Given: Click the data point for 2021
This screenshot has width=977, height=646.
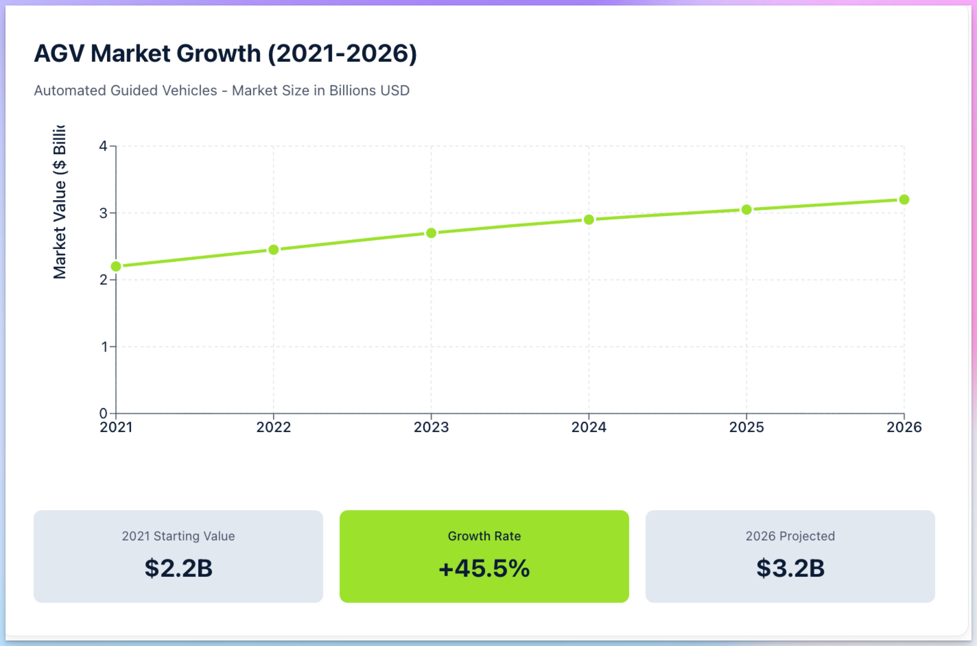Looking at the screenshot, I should pyautogui.click(x=116, y=266).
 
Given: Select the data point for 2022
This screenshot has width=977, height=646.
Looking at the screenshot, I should pyautogui.click(x=274, y=250).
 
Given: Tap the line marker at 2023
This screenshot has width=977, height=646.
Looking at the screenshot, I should pyautogui.click(x=431, y=233).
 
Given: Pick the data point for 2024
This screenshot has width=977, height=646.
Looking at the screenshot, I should pyautogui.click(x=589, y=219).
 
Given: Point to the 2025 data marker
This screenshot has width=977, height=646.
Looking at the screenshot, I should pyautogui.click(x=746, y=210).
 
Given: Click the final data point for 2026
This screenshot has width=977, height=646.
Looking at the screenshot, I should pyautogui.click(x=904, y=200).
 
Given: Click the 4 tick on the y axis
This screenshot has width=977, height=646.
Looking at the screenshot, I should pyautogui.click(x=103, y=146).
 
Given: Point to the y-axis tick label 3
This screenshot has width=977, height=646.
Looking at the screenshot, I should pyautogui.click(x=103, y=213).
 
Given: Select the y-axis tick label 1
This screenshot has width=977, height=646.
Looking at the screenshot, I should pyautogui.click(x=104, y=347).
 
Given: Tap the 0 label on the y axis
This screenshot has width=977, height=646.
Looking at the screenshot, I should pyautogui.click(x=103, y=413).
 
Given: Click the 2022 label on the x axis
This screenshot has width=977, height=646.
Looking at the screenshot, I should pyautogui.click(x=274, y=427).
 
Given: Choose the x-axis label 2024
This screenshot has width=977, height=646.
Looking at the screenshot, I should pyautogui.click(x=589, y=427).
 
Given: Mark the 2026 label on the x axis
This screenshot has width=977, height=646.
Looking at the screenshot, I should pyautogui.click(x=904, y=427).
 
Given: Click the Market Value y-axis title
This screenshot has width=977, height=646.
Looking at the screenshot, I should pyautogui.click(x=60, y=202).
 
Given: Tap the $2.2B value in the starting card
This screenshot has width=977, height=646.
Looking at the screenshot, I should pyautogui.click(x=178, y=568).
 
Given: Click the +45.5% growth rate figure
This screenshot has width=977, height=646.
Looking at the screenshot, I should pyautogui.click(x=484, y=568).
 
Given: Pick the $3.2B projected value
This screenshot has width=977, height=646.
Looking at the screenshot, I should pyautogui.click(x=790, y=568).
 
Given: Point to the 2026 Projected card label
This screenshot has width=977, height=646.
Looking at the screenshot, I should pyautogui.click(x=790, y=536).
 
